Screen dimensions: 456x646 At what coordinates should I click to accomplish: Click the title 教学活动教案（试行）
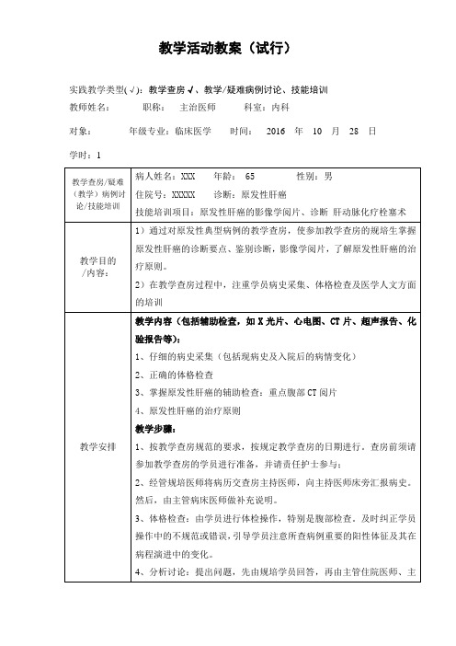click(227, 47)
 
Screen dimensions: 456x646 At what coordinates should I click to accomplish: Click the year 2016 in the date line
click(276, 131)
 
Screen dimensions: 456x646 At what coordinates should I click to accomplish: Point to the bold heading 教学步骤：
click(156, 429)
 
